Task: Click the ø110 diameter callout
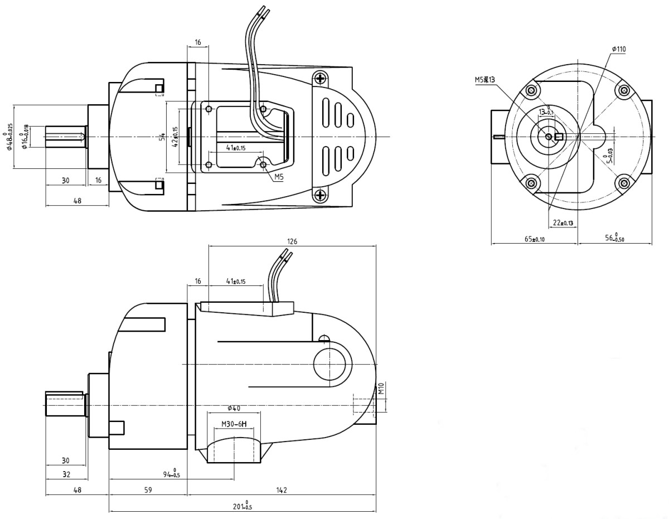point(618,49)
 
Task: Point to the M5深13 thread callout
point(484,80)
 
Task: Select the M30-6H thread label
point(234,424)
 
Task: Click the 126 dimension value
point(292,241)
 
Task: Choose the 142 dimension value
point(282,490)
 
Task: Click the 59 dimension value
point(148,490)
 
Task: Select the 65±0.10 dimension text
point(534,239)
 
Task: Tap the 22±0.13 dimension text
point(563,223)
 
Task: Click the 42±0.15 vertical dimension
point(175,137)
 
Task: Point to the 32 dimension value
point(66,474)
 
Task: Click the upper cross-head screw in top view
point(319,79)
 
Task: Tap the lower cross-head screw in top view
point(319,195)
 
